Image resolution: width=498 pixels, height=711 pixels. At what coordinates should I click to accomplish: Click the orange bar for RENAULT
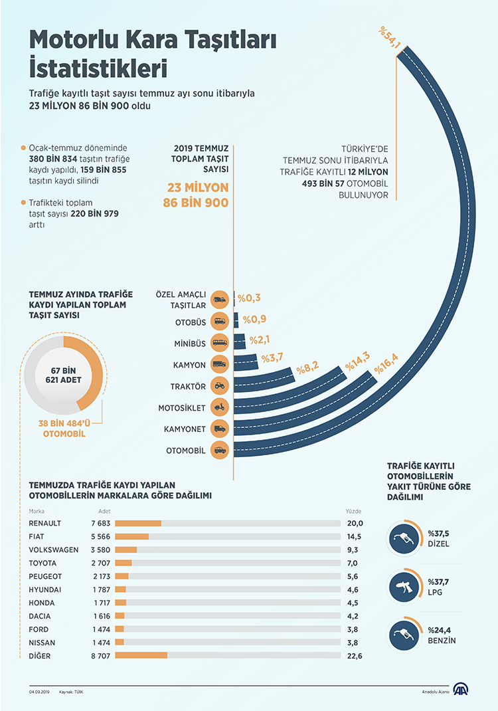click(x=138, y=524)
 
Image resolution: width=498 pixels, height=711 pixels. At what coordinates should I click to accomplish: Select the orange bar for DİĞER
click(x=141, y=656)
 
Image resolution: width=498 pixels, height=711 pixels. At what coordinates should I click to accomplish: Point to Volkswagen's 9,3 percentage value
click(x=353, y=550)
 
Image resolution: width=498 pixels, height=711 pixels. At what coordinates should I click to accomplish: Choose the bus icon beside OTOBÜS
click(x=219, y=322)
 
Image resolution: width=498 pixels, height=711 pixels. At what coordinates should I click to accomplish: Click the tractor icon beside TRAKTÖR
click(x=219, y=385)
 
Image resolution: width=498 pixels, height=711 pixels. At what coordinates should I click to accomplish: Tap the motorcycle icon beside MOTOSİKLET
click(x=219, y=407)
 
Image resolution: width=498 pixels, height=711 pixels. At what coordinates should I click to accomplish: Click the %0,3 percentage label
click(x=250, y=298)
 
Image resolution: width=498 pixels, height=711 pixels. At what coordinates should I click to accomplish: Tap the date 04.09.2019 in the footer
click(x=40, y=692)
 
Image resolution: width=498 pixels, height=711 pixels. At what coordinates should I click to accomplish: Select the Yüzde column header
click(x=353, y=512)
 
